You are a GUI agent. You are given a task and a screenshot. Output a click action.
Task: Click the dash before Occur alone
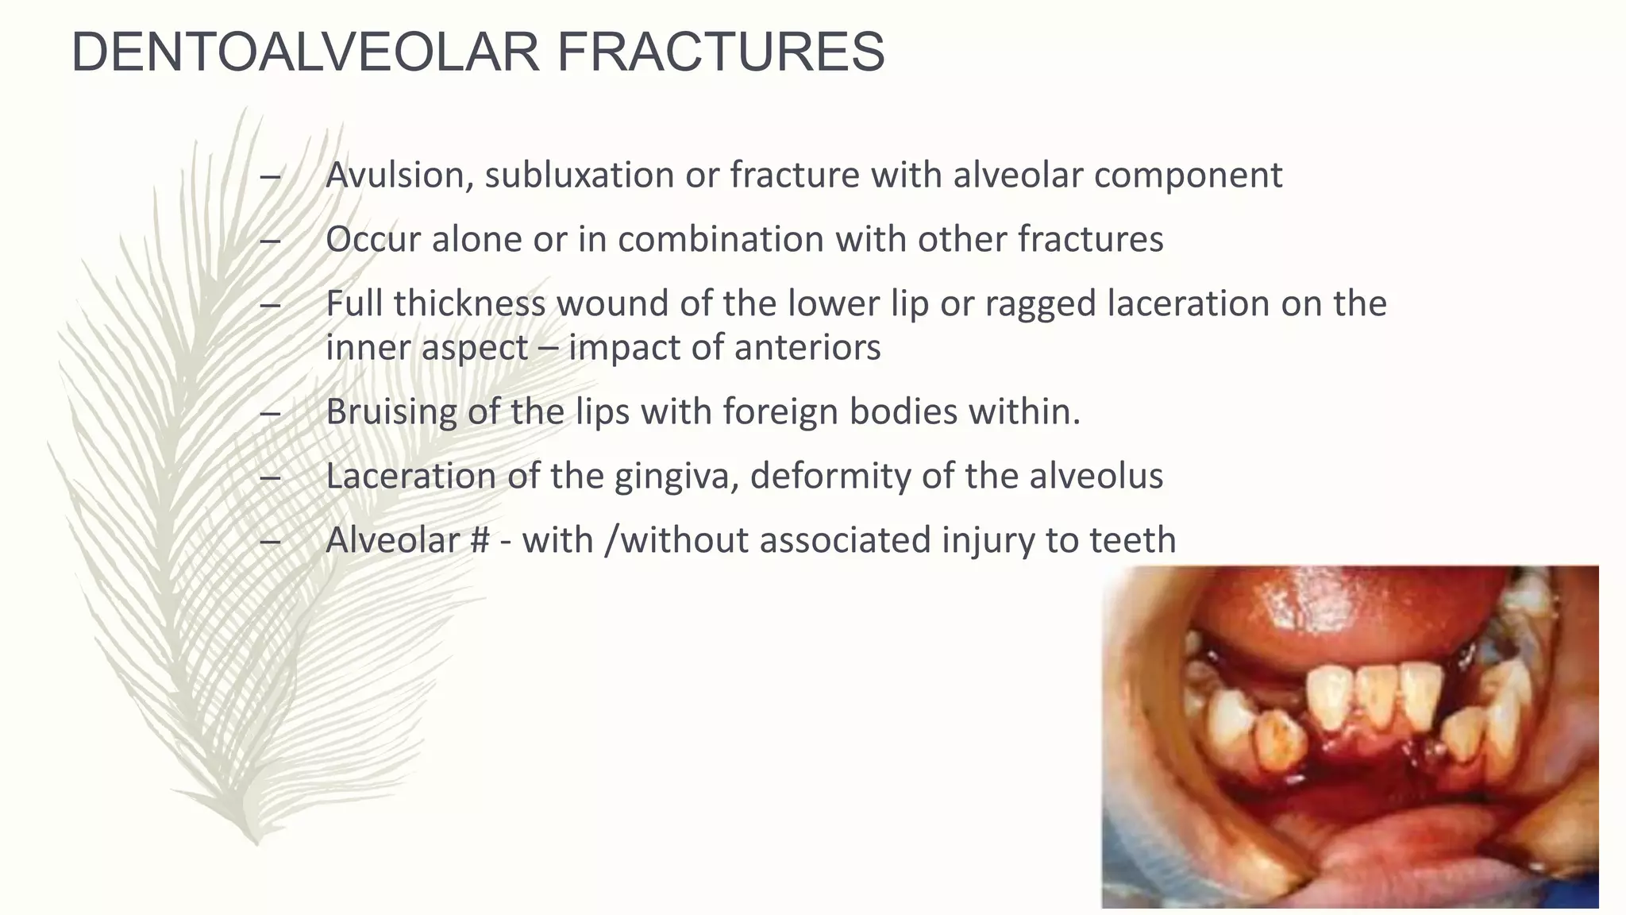[x=270, y=240]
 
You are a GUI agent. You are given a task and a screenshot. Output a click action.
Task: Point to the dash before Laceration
[x=270, y=477]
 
